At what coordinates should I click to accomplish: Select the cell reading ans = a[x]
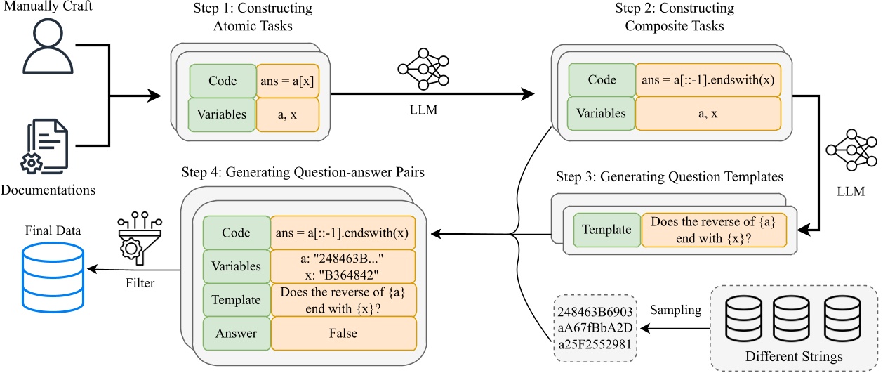pyautogui.click(x=288, y=80)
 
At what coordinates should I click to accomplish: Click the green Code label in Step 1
pyautogui.click(x=222, y=81)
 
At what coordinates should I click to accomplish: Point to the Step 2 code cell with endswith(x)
pyautogui.click(x=708, y=80)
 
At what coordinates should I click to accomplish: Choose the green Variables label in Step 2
pyautogui.click(x=601, y=112)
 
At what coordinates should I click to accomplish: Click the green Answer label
pyautogui.click(x=237, y=334)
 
